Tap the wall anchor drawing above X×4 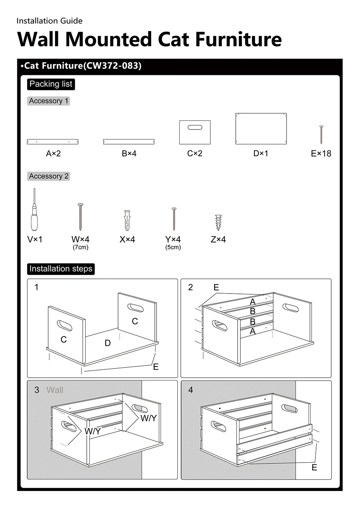(127, 220)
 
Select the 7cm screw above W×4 (80, 217)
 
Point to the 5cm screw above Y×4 (174, 219)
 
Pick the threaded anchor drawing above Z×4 (218, 222)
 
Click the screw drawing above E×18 (321, 135)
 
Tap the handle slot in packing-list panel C (195, 128)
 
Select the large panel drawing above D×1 (261, 128)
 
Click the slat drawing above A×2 (53, 142)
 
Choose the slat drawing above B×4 (129, 142)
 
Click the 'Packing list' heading (51, 84)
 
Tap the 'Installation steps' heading (61, 269)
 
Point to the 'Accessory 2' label (49, 176)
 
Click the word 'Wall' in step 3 (55, 390)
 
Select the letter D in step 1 (108, 343)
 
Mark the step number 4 (190, 390)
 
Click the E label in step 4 (314, 467)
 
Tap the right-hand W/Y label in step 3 (148, 418)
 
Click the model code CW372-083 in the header (112, 66)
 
